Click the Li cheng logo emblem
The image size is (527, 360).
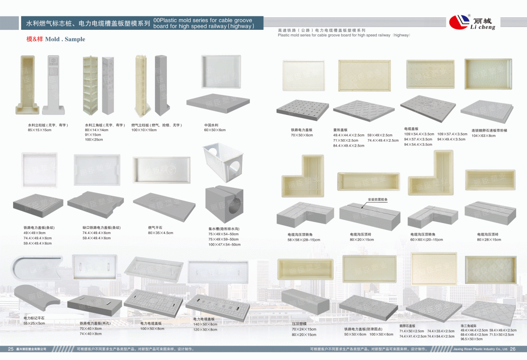click(x=459, y=21)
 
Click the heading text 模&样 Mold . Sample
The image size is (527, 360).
click(x=56, y=39)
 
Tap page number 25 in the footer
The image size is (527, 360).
click(x=11, y=349)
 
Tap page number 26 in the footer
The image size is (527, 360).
click(x=513, y=349)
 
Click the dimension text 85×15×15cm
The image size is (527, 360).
click(x=40, y=130)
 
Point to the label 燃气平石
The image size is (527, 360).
click(x=155, y=227)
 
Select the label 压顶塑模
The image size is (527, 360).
click(x=299, y=324)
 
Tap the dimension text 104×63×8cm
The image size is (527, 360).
click(x=484, y=136)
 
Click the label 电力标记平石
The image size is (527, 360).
click(x=34, y=317)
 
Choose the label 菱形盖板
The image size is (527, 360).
click(x=340, y=130)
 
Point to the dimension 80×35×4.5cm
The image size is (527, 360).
click(x=161, y=233)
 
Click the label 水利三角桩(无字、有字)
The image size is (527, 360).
click(x=105, y=125)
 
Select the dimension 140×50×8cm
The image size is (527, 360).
click(x=205, y=324)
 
